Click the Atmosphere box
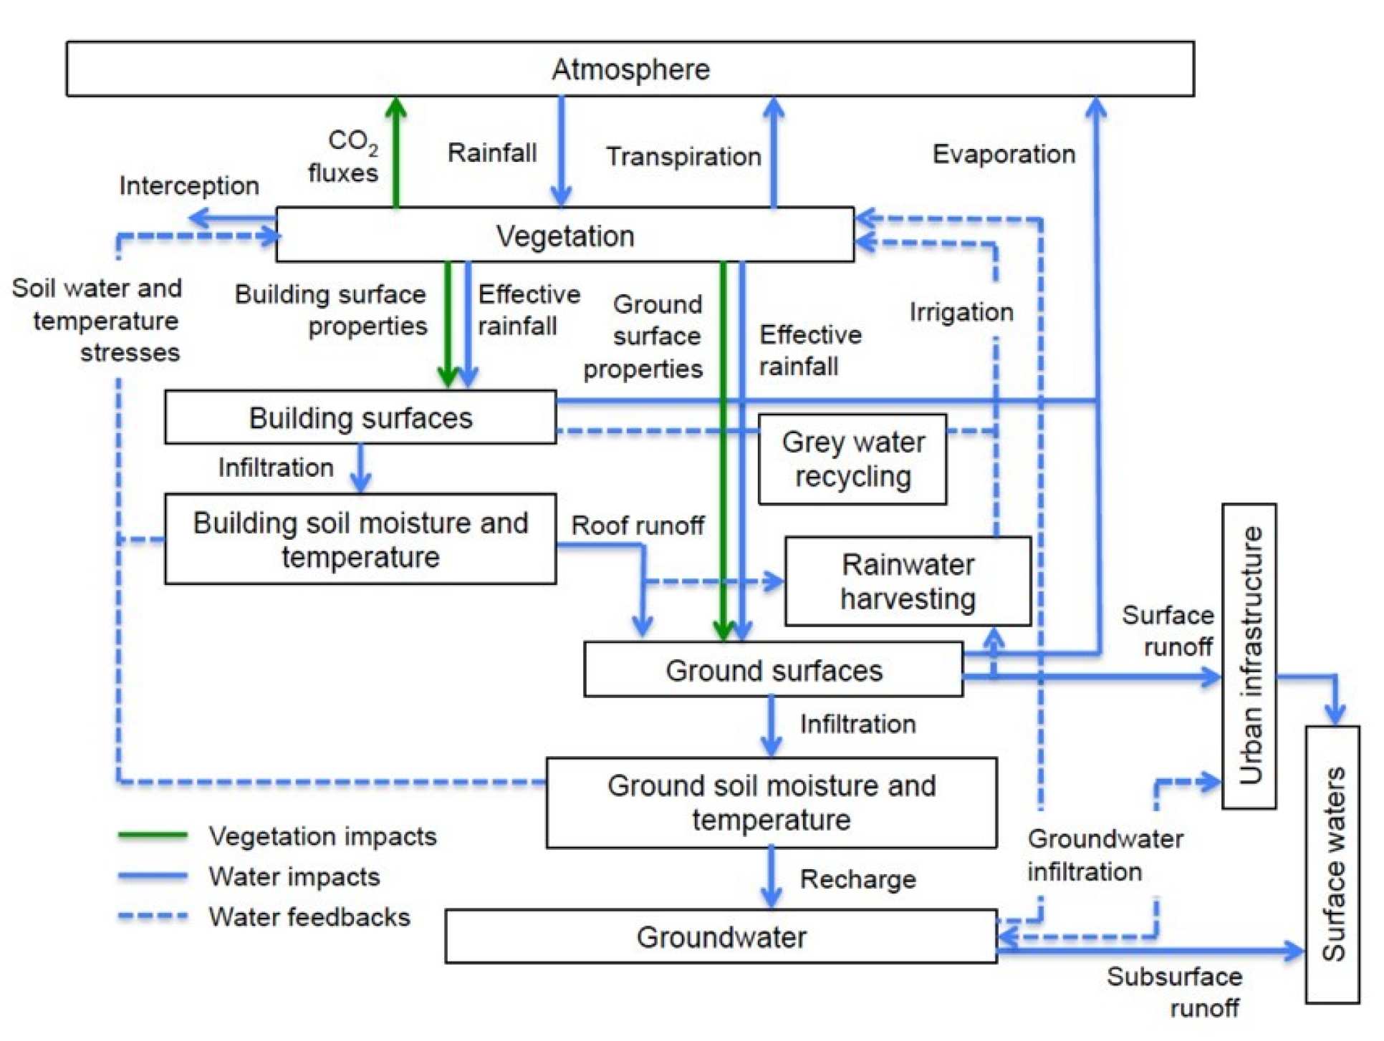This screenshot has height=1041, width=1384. (630, 69)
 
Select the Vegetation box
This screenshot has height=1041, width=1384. (564, 236)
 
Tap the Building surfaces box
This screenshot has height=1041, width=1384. (360, 417)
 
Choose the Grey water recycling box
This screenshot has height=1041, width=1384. (852, 460)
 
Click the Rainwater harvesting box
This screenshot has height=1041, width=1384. (908, 581)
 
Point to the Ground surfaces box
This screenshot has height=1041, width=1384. (774, 670)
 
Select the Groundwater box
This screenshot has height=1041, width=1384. (721, 936)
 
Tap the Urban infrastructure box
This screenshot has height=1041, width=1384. (1249, 656)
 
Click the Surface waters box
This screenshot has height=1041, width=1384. (1332, 864)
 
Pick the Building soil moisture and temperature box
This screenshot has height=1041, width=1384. (360, 539)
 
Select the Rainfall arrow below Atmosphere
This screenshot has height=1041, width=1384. (561, 150)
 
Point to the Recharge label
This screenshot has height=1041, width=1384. (857, 879)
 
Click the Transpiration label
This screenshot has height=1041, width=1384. (683, 156)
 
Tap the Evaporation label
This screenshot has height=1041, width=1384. (1004, 154)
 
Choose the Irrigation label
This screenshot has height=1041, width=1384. (961, 312)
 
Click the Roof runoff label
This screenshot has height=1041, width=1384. (638, 526)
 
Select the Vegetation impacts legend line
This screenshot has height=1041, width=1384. (153, 835)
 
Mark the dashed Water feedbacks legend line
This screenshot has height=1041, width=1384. (153, 916)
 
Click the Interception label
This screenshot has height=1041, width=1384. (189, 185)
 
